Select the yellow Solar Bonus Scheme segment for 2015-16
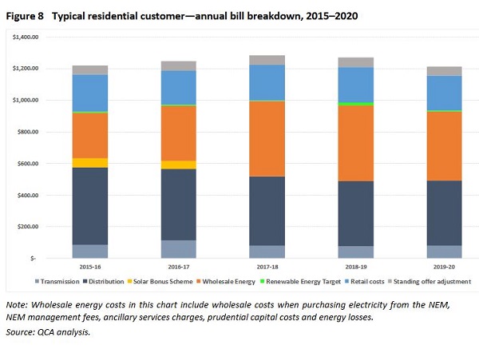click(89, 163)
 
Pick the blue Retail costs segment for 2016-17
click(178, 88)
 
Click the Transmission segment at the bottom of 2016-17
click(178, 249)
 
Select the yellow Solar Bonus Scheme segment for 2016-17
click(178, 165)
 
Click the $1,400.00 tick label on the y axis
click(30, 37)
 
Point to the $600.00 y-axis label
click(33, 164)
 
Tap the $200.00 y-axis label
click(33, 227)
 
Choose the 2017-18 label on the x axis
click(266, 267)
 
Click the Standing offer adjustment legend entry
click(434, 281)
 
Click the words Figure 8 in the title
click(24, 16)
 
